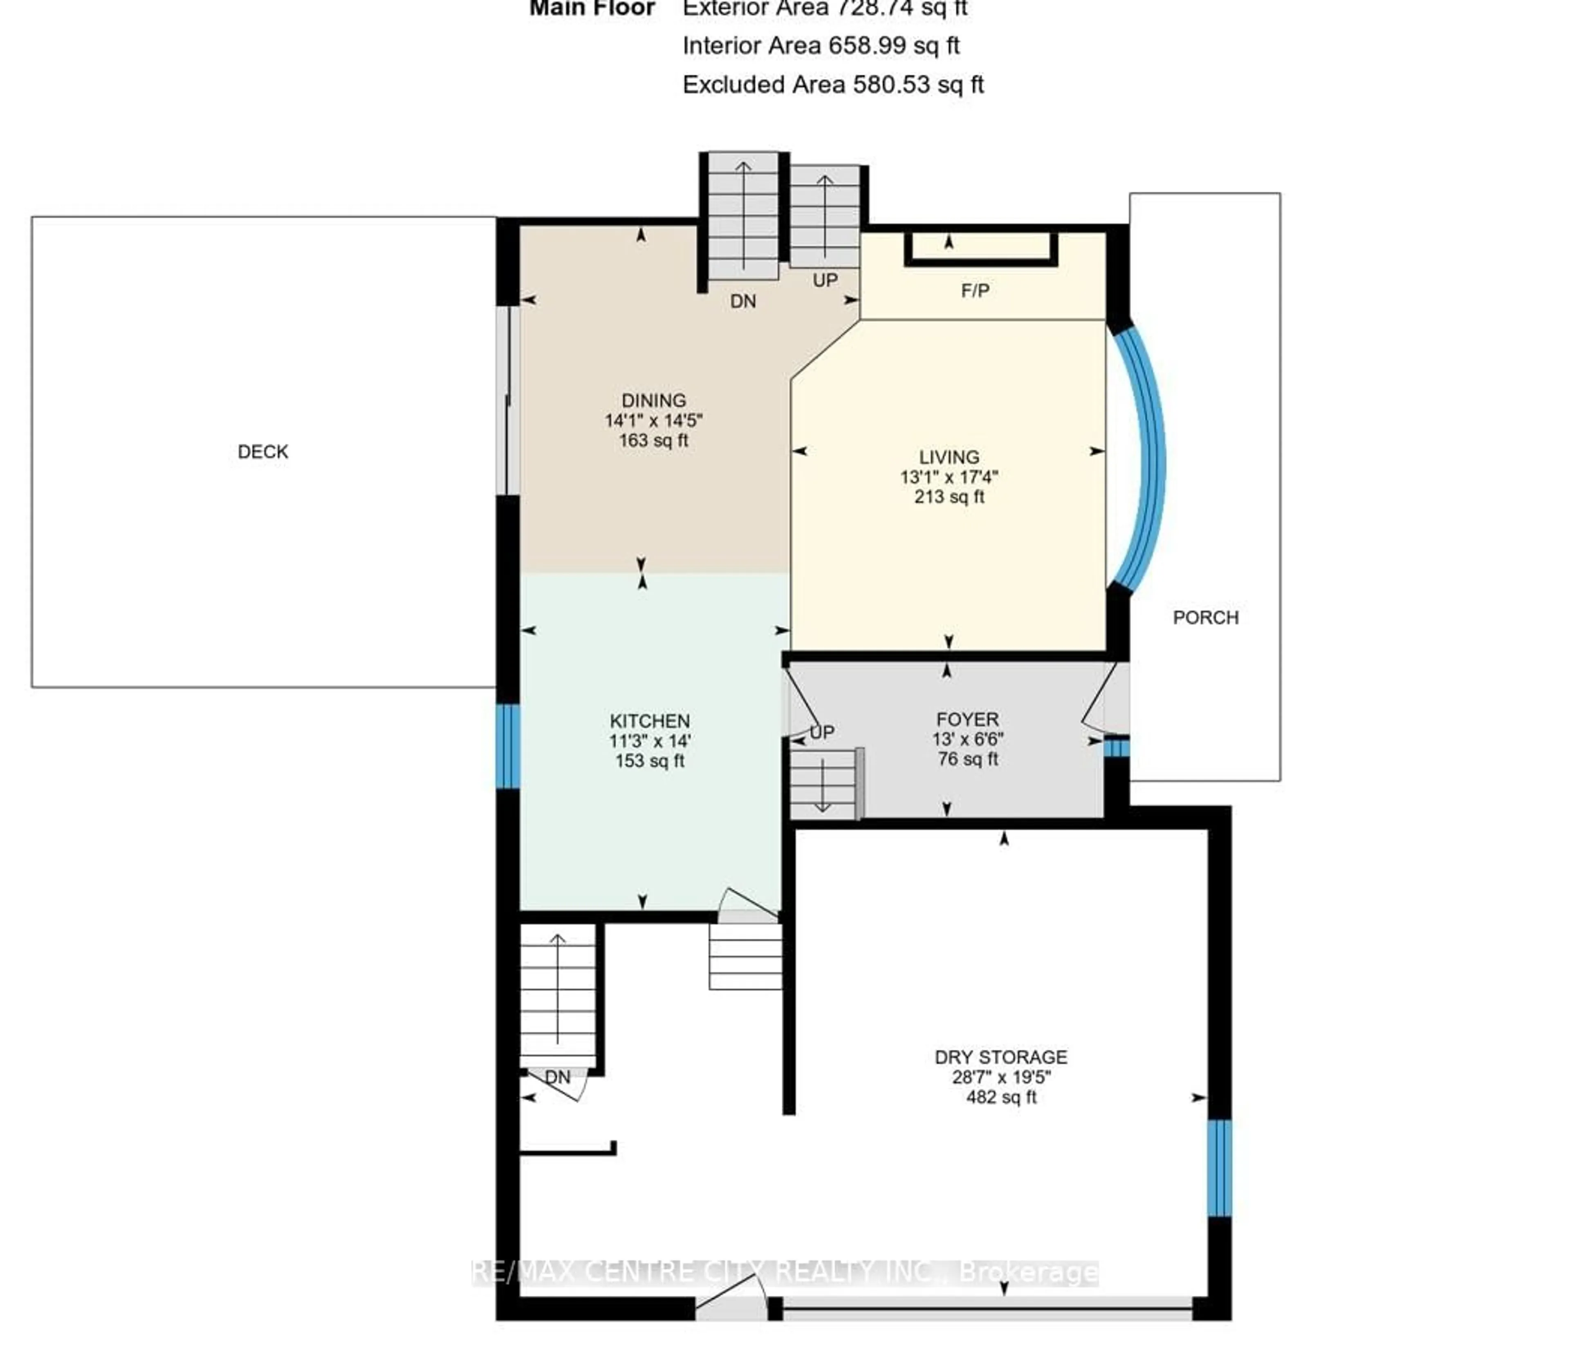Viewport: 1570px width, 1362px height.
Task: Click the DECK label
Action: coord(262,452)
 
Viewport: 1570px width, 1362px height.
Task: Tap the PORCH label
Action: coord(1205,617)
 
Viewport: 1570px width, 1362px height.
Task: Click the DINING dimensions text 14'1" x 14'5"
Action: coord(653,420)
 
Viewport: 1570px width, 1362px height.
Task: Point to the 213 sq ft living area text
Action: coord(949,497)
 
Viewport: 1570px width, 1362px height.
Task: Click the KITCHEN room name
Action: coord(649,720)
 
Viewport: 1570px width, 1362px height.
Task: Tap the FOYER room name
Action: coord(967,719)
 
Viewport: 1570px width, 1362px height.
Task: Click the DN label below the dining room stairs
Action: coord(743,302)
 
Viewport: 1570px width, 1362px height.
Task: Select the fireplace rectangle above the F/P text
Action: coord(980,248)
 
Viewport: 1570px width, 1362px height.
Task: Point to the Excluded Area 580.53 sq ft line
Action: coord(832,84)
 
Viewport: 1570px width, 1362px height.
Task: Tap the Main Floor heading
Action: coord(592,9)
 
